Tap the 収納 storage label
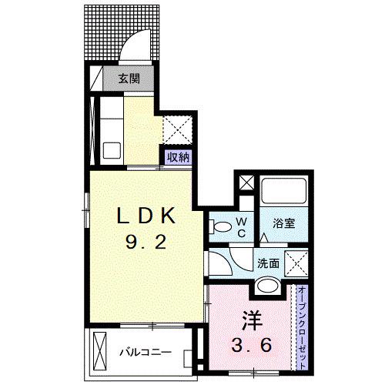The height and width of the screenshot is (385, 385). (178, 157)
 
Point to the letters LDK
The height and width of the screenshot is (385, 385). (146, 216)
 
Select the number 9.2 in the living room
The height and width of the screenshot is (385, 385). (146, 243)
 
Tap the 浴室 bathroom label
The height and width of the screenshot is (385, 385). (283, 223)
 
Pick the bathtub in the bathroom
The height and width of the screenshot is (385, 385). (284, 190)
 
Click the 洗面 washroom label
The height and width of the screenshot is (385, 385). (268, 263)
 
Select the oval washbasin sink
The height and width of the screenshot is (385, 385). (268, 285)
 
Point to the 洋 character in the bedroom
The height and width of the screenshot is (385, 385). (253, 321)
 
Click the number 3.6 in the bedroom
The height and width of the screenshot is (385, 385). (252, 345)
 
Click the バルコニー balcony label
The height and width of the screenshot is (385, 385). (146, 352)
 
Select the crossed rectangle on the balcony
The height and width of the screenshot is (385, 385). (100, 351)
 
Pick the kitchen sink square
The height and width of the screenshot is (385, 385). (112, 150)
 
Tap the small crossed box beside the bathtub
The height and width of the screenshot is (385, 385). (246, 182)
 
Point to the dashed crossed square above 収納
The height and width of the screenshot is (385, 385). (178, 130)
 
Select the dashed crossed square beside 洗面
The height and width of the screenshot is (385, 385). (296, 263)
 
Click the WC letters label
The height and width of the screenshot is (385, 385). (242, 227)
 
